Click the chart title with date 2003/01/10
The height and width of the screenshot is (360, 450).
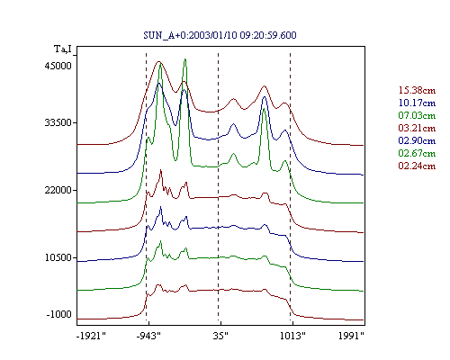(x=220, y=35)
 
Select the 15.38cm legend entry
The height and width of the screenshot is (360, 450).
(x=417, y=90)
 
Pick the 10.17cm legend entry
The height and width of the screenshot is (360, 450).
(x=417, y=103)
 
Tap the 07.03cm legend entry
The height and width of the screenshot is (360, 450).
(x=417, y=115)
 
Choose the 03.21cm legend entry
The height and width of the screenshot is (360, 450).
(x=417, y=128)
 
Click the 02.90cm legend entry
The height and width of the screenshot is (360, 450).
(x=417, y=140)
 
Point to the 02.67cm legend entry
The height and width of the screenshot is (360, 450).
(x=417, y=153)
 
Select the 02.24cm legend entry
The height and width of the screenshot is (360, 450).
(x=417, y=166)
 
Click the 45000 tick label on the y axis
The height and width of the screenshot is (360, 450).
(x=58, y=66)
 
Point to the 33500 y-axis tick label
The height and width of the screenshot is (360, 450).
(x=58, y=122)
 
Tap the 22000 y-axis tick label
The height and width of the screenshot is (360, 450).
(x=58, y=190)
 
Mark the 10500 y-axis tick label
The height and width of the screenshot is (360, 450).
(x=58, y=257)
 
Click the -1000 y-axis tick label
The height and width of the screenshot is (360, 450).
(x=59, y=314)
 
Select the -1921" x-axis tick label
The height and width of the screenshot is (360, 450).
(x=92, y=336)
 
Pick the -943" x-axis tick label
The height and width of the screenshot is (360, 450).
(x=148, y=336)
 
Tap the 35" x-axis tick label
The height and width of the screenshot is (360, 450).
(x=220, y=336)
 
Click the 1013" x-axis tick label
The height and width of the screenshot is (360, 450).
(x=292, y=336)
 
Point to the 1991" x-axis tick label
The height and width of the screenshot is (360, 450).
(x=351, y=336)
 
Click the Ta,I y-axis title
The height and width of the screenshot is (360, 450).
(x=63, y=49)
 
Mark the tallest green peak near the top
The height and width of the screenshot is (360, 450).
(x=185, y=59)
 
